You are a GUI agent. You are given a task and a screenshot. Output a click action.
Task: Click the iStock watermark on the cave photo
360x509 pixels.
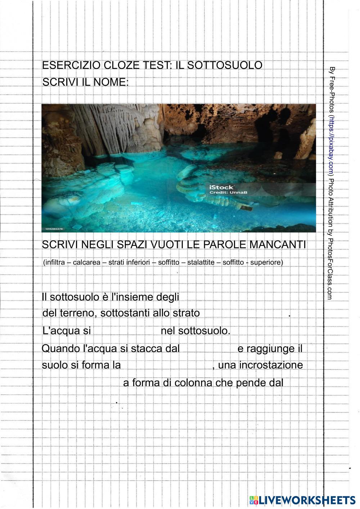pyautogui.click(x=221, y=187)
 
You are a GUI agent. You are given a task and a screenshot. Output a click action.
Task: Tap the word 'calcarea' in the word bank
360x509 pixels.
pyautogui.click(x=86, y=262)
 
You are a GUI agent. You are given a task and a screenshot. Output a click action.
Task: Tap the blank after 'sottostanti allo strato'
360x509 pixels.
pyautogui.click(x=245, y=313)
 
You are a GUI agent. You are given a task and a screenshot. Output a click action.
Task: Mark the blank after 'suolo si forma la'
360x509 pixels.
pyautogui.click(x=166, y=365)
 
